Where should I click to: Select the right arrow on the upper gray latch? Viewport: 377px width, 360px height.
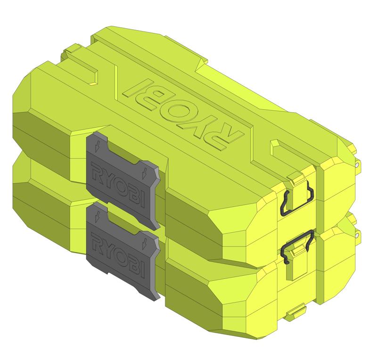click(x=145, y=169)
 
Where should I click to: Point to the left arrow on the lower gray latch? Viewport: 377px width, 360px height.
click(x=96, y=214)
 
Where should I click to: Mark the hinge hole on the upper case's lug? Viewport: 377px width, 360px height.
click(x=359, y=165)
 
